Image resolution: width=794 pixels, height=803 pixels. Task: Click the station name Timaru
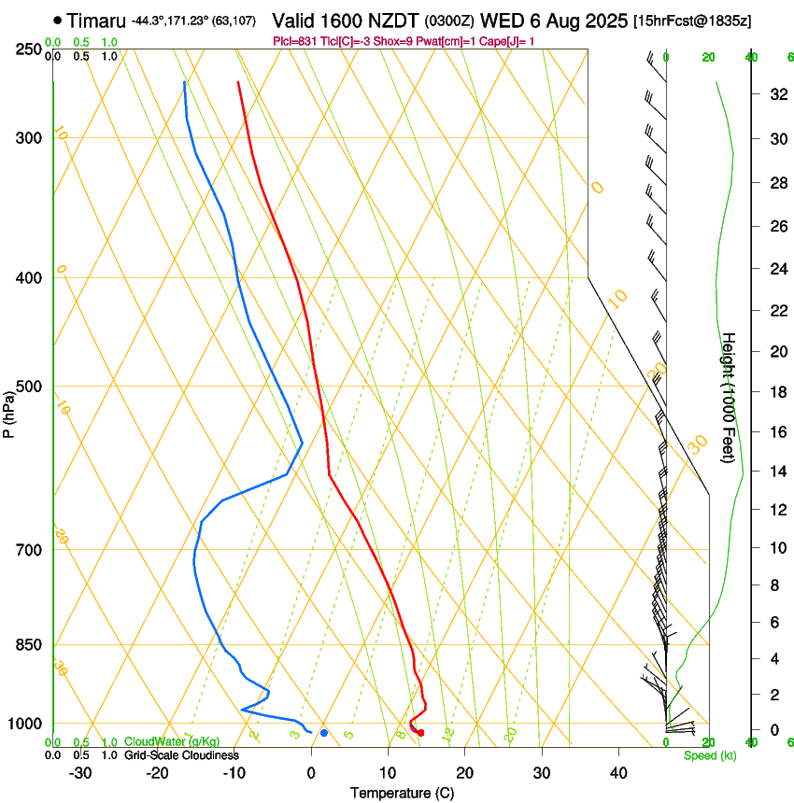pyautogui.click(x=97, y=20)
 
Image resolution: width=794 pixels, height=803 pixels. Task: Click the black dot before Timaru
pyautogui.click(x=58, y=20)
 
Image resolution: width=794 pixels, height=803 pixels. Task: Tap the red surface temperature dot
pyautogui.click(x=420, y=733)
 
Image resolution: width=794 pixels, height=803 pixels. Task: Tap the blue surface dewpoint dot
pyautogui.click(x=324, y=733)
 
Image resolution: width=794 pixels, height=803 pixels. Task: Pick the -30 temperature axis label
pyautogui.click(x=80, y=773)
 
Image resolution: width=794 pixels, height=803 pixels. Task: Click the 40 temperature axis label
pyautogui.click(x=617, y=773)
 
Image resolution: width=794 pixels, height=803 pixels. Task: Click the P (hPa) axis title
pyautogui.click(x=9, y=412)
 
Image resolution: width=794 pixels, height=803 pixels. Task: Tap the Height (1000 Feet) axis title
pyautogui.click(x=730, y=397)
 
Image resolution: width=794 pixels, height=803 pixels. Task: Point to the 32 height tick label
pyautogui.click(x=777, y=94)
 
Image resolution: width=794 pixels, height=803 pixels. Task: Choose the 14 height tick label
pyautogui.click(x=777, y=472)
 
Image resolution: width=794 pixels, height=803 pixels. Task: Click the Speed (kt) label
pyautogui.click(x=709, y=755)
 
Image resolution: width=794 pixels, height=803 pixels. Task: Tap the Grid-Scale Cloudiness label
pyautogui.click(x=180, y=755)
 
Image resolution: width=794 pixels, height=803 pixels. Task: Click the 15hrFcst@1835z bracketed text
pyautogui.click(x=692, y=21)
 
